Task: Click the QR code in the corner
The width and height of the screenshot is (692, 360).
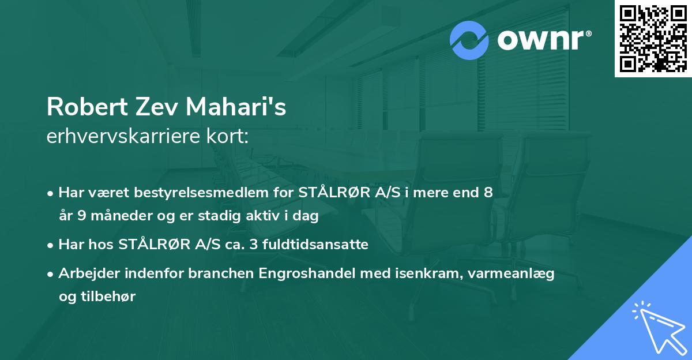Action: tap(653, 39)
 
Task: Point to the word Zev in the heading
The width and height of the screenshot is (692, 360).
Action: tap(152, 108)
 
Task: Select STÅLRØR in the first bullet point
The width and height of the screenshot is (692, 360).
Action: tap(330, 192)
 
